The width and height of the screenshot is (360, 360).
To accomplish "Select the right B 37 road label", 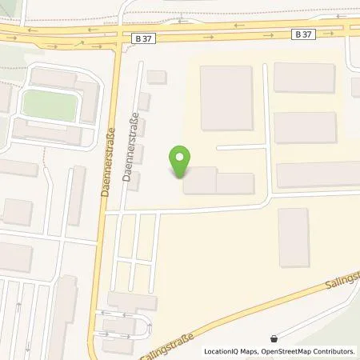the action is click(x=303, y=34).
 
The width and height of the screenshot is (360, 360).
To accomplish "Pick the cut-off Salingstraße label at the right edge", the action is click(x=343, y=281).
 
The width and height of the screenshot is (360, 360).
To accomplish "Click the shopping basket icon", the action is click(x=276, y=338).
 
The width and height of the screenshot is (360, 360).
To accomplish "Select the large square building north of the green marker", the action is click(x=226, y=98).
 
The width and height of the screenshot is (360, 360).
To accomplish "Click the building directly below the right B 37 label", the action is click(x=304, y=78).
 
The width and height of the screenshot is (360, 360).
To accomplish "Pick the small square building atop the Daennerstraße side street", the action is click(x=157, y=77).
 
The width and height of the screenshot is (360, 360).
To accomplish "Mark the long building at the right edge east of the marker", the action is click(x=318, y=174).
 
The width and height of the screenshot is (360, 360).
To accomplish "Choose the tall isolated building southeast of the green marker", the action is click(x=294, y=238).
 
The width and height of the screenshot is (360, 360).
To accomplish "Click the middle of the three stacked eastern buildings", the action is click(x=305, y=127).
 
